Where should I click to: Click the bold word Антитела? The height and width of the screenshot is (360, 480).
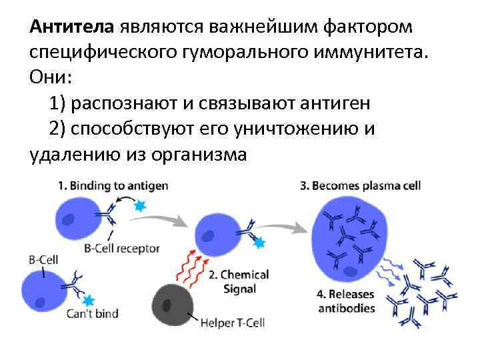(x=73, y=27)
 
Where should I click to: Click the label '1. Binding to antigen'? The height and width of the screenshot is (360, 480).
(x=111, y=185)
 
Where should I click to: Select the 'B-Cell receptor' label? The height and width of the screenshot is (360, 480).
(x=122, y=248)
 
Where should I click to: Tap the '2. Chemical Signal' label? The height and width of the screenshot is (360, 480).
(x=238, y=281)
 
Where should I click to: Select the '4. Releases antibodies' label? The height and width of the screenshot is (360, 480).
(x=346, y=301)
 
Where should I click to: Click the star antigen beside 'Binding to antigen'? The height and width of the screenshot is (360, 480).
(x=139, y=207)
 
